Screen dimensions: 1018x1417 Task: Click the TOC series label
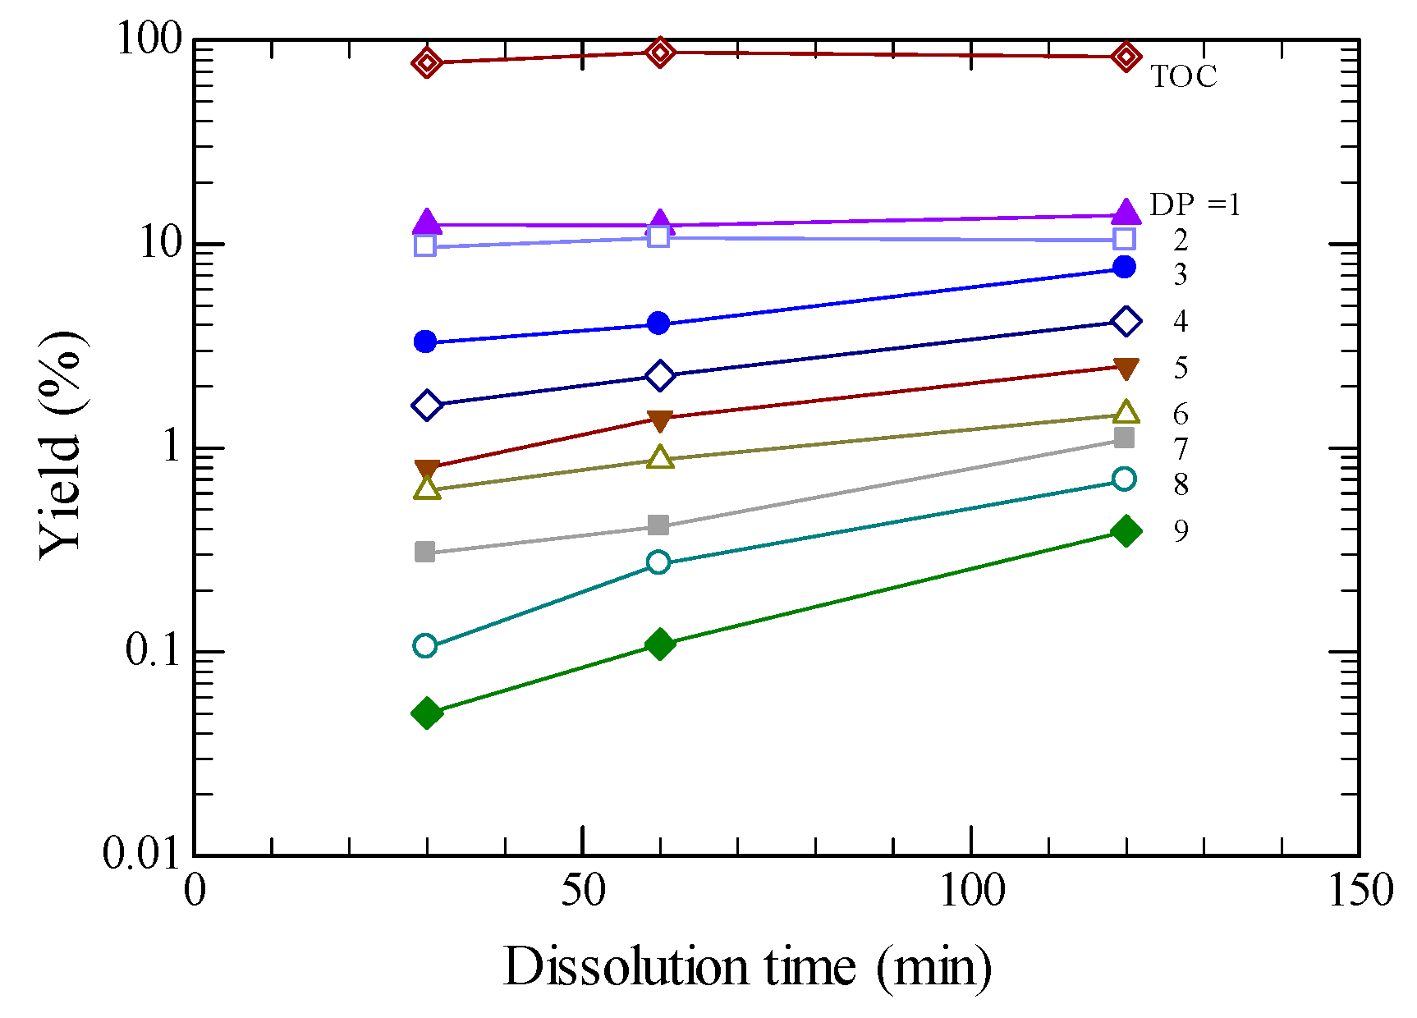[1183, 76]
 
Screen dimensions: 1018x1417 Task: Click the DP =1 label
[1195, 204]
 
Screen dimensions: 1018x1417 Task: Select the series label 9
[1181, 531]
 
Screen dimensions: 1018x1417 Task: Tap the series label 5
[1181, 368]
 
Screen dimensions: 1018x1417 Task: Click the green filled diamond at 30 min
[426, 713]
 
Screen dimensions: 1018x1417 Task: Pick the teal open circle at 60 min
[658, 562]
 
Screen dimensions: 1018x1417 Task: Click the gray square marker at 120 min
[1125, 438]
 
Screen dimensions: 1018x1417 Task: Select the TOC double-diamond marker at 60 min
[660, 53]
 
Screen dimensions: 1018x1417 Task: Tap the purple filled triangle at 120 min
[1126, 212]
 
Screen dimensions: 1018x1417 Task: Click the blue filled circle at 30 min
[425, 342]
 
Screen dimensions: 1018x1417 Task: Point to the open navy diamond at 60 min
[659, 375]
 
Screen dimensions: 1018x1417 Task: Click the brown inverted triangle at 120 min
[1126, 369]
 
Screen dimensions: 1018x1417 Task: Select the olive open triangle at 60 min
[660, 457]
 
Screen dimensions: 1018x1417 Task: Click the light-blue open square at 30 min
[425, 245]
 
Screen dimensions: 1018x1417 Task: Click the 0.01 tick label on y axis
[140, 854]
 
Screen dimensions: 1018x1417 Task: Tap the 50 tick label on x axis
[583, 891]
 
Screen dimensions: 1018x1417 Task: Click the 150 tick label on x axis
[1360, 891]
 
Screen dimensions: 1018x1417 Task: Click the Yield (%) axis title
[62, 446]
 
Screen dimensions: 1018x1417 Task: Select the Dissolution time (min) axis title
[747, 967]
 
